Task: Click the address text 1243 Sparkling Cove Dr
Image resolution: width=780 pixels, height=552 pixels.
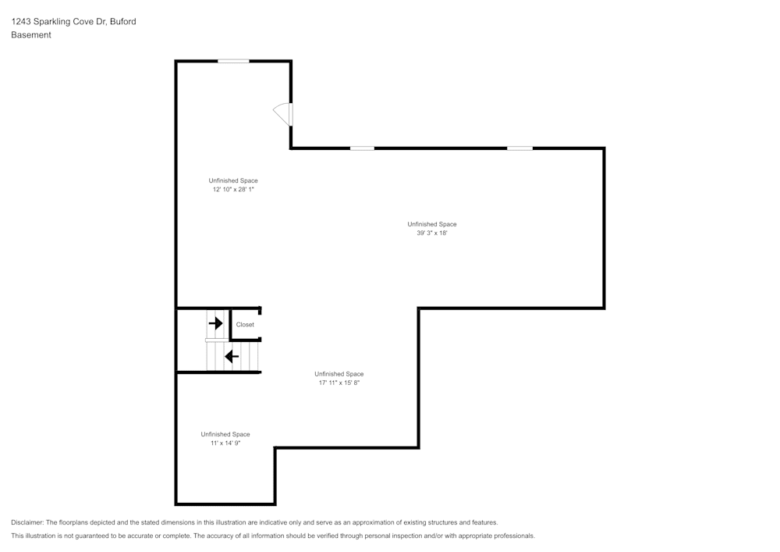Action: [x=58, y=21]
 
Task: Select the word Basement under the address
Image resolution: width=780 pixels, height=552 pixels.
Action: [x=31, y=35]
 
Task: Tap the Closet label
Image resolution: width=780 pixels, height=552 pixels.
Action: [x=245, y=325]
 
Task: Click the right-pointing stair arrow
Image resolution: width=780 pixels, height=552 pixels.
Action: [x=216, y=323]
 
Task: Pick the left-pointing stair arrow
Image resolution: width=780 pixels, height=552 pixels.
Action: [x=232, y=356]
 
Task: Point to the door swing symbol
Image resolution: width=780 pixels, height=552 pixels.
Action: [x=282, y=115]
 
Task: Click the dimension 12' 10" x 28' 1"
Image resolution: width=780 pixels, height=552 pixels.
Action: [x=233, y=190]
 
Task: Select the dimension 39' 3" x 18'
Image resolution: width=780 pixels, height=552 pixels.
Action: [x=432, y=233]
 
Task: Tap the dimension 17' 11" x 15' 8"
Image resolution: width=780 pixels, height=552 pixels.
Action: [x=339, y=383]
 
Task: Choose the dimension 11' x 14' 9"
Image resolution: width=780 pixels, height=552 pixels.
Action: [x=225, y=443]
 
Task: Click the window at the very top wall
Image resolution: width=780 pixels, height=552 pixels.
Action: [x=233, y=61]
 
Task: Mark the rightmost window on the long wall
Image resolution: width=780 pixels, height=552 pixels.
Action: [x=519, y=148]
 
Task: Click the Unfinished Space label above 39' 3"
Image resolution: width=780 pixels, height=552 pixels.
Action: [x=432, y=225]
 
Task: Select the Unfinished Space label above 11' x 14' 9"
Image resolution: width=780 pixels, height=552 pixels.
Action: [x=225, y=435]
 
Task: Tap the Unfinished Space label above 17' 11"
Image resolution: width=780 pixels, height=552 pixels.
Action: [x=339, y=374]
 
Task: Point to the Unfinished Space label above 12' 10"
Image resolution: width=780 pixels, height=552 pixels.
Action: [x=233, y=180]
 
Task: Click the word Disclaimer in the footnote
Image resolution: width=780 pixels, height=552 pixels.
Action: [x=27, y=522]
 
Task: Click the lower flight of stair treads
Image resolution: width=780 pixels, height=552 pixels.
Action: [x=232, y=356]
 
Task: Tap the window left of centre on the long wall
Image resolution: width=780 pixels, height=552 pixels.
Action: [x=362, y=148]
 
